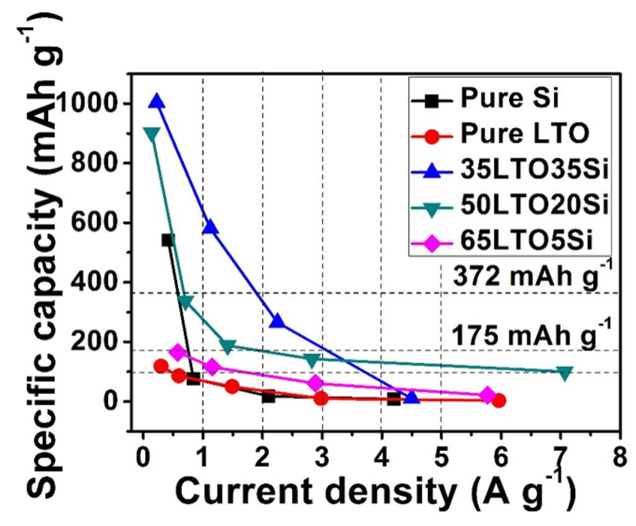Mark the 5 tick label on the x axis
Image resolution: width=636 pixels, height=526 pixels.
[x=441, y=449]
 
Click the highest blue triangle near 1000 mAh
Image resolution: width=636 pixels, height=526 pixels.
[x=157, y=101]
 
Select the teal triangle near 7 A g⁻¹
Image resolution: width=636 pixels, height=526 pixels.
[x=565, y=373]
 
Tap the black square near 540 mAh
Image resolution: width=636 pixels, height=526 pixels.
[x=168, y=240]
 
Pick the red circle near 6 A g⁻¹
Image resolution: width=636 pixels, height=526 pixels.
[x=498, y=401]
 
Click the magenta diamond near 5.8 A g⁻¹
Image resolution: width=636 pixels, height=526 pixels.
[x=488, y=395]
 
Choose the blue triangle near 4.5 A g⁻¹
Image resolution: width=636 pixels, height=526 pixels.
[x=411, y=397]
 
